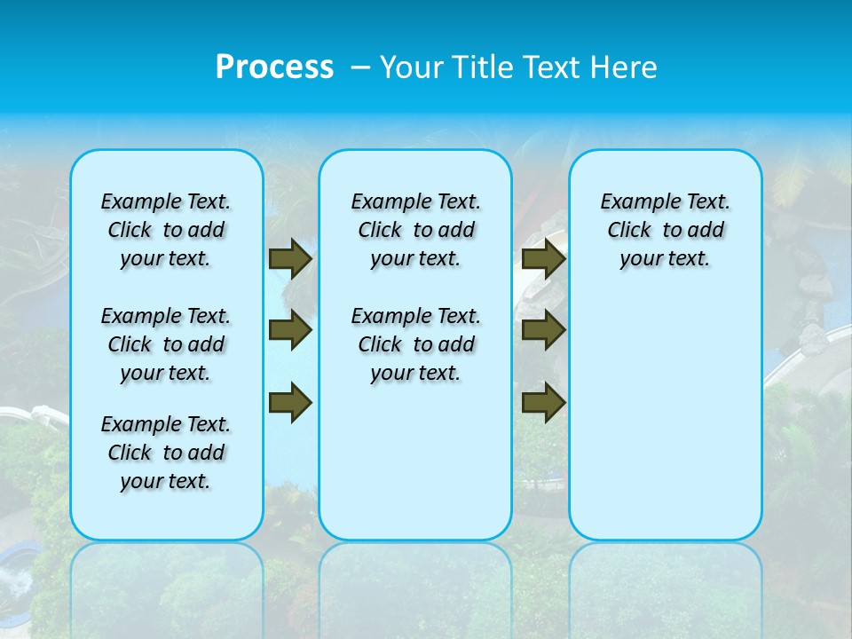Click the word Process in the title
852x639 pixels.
274,67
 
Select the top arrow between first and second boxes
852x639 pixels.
290,258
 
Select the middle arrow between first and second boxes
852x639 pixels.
290,330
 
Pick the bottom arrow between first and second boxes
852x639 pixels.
290,402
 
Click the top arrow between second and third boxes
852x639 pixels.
544,258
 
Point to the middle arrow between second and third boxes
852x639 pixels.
544,330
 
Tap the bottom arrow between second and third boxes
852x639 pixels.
544,402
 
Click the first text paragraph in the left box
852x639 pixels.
166,230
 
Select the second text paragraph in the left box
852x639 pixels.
166,344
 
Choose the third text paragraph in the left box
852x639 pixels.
166,453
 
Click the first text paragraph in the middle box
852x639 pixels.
415,230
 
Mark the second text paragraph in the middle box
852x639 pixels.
415,344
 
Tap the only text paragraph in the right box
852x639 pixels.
665,230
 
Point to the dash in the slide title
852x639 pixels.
360,67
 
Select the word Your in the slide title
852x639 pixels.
410,67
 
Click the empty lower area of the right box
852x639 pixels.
665,417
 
